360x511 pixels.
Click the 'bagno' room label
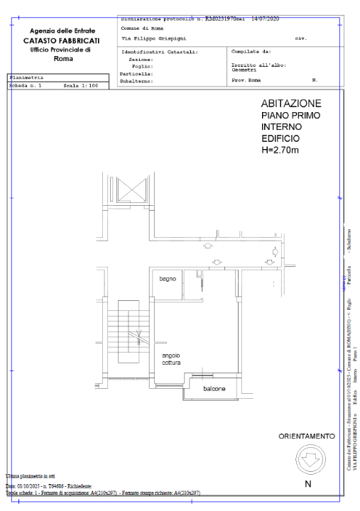click(168, 278)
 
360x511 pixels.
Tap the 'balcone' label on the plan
click(214, 390)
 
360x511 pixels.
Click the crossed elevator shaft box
click(131, 190)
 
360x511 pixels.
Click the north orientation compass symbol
click(307, 461)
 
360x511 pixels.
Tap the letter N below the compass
click(307, 484)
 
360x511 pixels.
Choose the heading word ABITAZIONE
click(291, 104)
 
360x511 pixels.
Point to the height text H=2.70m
click(281, 150)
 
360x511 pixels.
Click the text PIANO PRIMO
click(290, 116)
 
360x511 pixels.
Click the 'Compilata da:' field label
click(251, 51)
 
